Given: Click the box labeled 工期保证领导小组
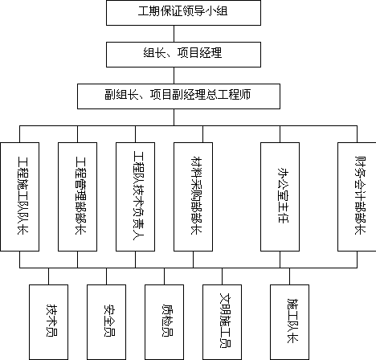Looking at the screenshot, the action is pyautogui.click(x=183, y=13).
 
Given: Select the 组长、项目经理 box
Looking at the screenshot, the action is pyautogui.click(x=183, y=55).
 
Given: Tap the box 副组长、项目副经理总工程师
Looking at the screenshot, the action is pyautogui.click(x=178, y=96).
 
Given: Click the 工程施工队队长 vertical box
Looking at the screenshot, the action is pyautogui.click(x=20, y=197).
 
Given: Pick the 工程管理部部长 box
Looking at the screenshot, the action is pyautogui.click(x=78, y=197).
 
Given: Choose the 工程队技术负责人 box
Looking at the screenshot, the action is pyautogui.click(x=135, y=197).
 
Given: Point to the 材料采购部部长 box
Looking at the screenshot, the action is pyautogui.click(x=193, y=197).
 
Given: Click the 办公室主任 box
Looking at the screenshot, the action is pyautogui.click(x=280, y=197).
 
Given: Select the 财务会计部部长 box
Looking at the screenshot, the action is pyautogui.click(x=357, y=197).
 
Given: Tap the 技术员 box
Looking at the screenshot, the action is pyautogui.click(x=48, y=322).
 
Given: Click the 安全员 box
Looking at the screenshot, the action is pyautogui.click(x=106, y=322).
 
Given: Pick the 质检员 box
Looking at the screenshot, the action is pyautogui.click(x=164, y=322).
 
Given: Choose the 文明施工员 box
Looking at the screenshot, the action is pyautogui.click(x=222, y=322).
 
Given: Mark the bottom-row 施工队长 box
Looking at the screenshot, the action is pyautogui.click(x=289, y=322).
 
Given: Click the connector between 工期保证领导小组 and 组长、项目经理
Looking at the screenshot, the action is pyautogui.click(x=174, y=34).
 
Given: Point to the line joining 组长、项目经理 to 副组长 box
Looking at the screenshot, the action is pyautogui.click(x=174, y=76).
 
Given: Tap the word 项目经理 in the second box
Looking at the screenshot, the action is pyautogui.click(x=200, y=53).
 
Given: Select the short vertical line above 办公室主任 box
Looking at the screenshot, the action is pyautogui.click(x=280, y=134).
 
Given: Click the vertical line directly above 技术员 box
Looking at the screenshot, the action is pyautogui.click(x=48, y=276).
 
